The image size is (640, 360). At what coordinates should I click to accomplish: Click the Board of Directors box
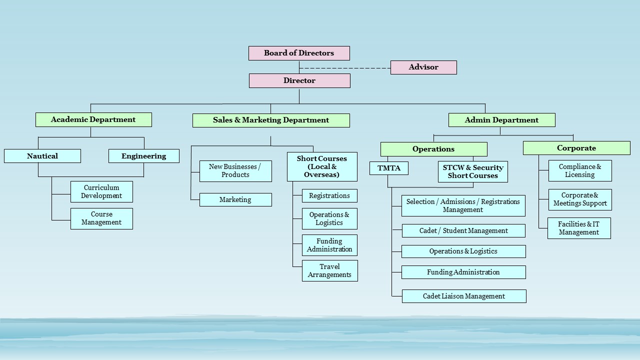click(x=299, y=53)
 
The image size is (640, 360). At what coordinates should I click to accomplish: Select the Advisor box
click(x=423, y=67)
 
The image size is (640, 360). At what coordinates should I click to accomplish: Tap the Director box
click(x=299, y=80)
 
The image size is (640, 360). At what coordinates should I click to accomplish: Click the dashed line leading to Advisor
click(x=345, y=67)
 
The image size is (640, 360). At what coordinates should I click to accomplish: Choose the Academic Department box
click(x=93, y=119)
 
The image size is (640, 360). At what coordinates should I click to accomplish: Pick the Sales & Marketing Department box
click(x=271, y=120)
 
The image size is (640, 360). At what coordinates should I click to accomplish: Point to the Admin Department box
click(x=501, y=120)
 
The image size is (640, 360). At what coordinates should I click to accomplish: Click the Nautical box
click(x=42, y=156)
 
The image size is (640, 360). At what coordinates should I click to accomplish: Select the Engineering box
click(x=143, y=156)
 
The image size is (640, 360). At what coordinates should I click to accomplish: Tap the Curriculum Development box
click(x=101, y=191)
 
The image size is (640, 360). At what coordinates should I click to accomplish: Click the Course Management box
click(x=101, y=218)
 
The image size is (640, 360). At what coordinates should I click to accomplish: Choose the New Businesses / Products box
click(x=235, y=171)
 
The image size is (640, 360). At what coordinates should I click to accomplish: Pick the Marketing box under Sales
click(x=235, y=199)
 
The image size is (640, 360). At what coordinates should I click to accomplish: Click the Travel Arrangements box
click(x=329, y=270)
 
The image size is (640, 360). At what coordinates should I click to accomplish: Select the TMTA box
click(x=389, y=168)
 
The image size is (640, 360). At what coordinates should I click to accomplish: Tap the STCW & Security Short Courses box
click(x=473, y=171)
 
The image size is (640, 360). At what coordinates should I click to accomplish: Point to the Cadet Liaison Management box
click(x=464, y=296)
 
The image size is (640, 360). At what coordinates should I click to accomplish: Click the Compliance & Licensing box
click(x=580, y=170)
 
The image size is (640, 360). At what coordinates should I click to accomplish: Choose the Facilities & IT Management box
click(x=579, y=228)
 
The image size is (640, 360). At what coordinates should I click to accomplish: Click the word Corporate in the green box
click(x=576, y=148)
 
